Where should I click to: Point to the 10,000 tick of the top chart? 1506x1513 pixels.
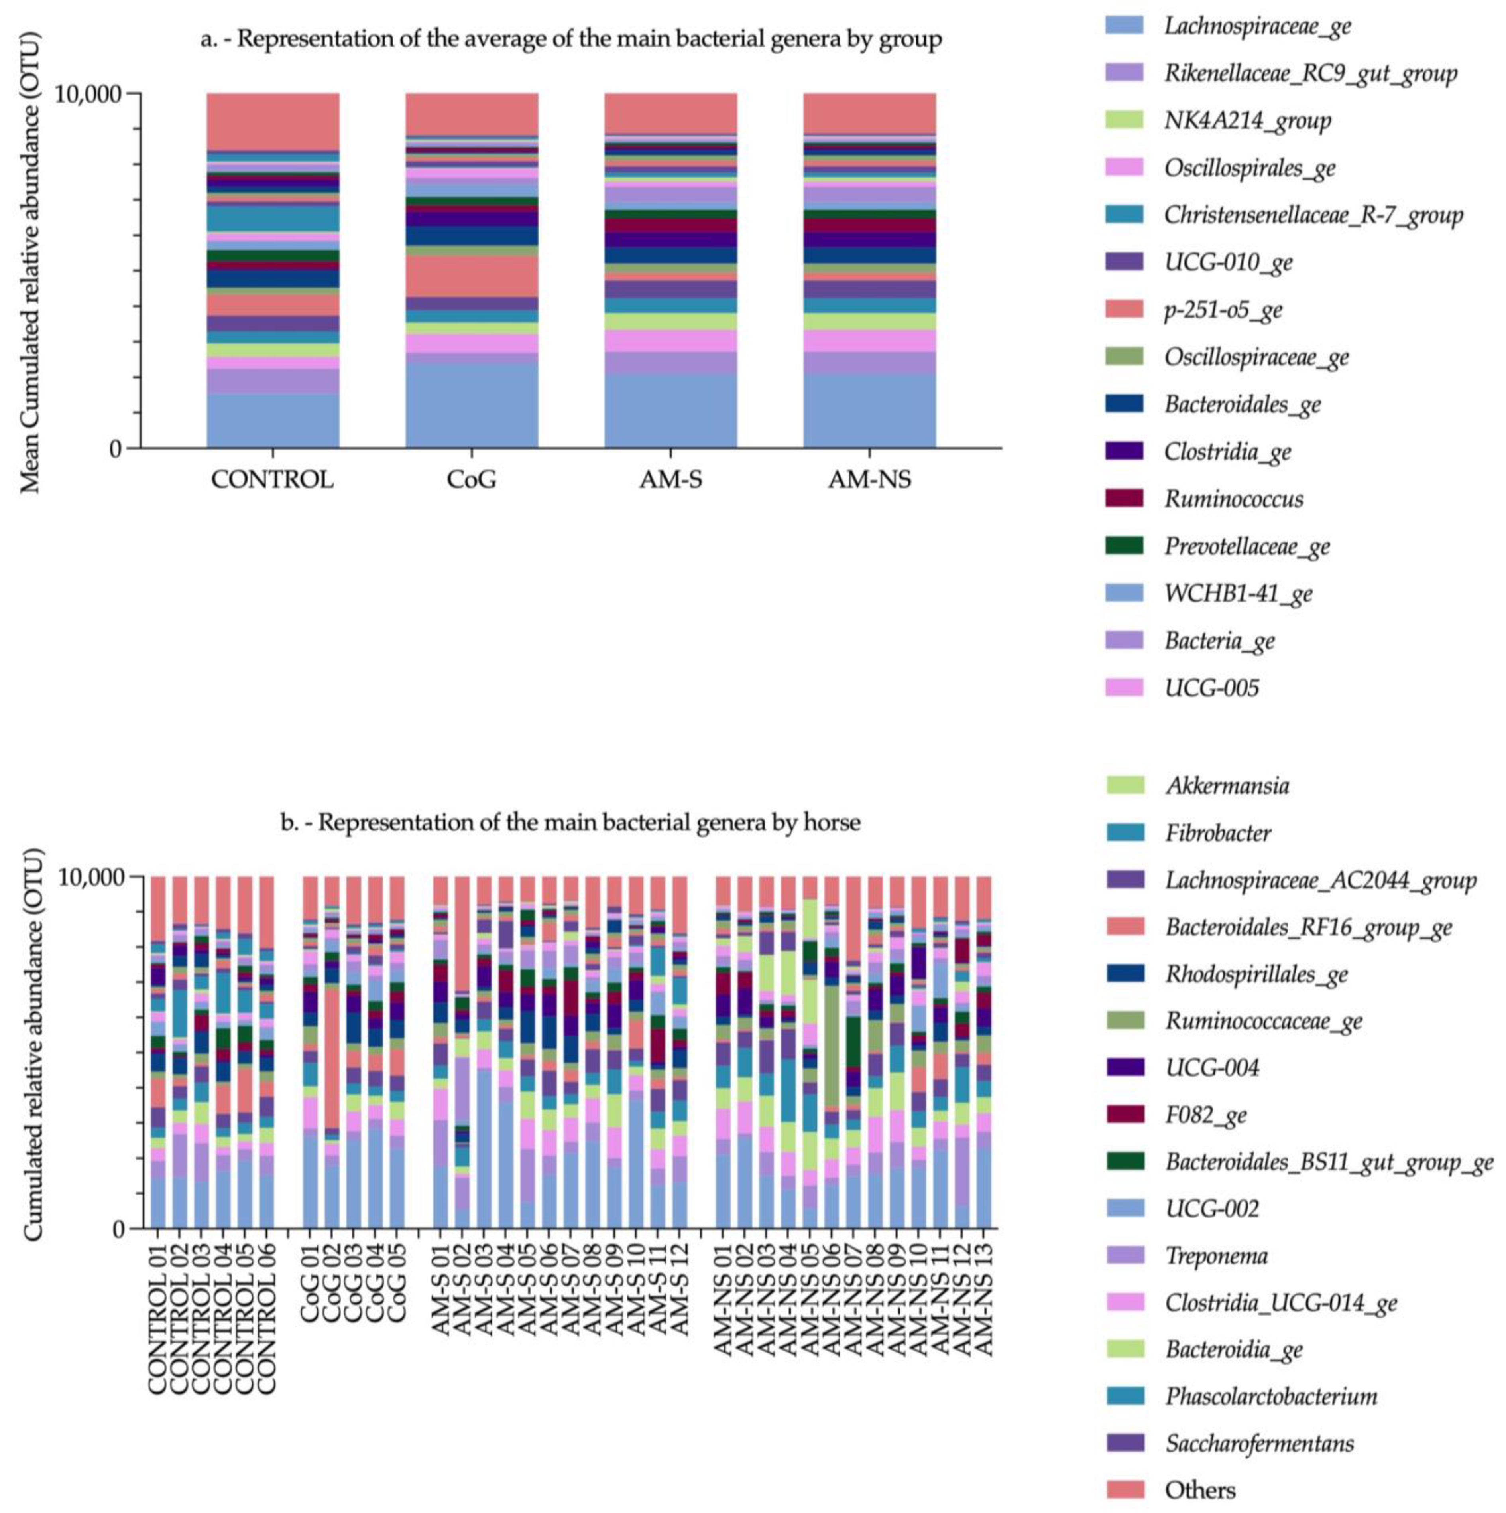88,94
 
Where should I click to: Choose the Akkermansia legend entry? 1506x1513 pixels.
1227,785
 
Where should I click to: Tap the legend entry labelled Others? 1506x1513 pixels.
1200,1490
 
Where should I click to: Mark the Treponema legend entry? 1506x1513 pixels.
1215,1255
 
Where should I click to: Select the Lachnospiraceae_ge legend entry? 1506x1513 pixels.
1257,26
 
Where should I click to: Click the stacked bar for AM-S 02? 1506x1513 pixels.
462,1057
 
